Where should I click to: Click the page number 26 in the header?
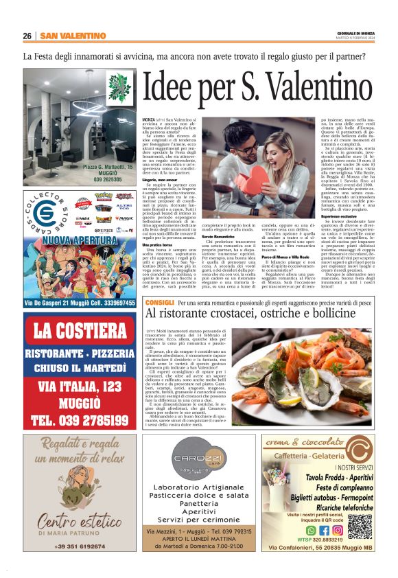[27, 36]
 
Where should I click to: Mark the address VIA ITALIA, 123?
[79, 386]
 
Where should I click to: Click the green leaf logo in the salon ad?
[119, 84]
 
